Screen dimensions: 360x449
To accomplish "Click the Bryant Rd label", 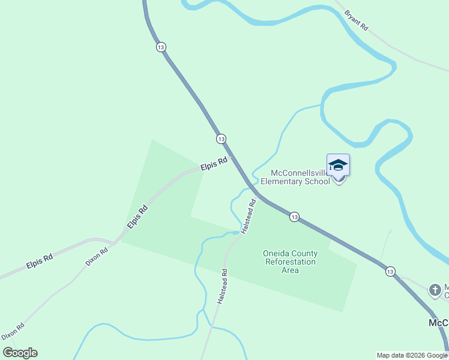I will click(357, 20).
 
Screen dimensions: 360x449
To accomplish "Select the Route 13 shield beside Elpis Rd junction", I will click(221, 139).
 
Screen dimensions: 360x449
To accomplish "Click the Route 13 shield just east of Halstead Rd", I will click(294, 217).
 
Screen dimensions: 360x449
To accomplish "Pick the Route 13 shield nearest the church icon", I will click(390, 271).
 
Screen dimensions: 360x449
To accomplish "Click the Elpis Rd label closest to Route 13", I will click(214, 163).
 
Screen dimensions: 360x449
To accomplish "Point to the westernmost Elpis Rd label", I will click(40, 260).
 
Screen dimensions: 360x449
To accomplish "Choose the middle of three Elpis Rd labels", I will click(137, 217).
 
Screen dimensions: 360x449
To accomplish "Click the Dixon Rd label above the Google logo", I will click(13, 331).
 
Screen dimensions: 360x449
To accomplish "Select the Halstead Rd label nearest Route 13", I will click(249, 216).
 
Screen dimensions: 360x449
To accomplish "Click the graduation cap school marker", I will click(338, 166).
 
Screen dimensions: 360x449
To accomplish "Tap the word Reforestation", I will click(290, 262).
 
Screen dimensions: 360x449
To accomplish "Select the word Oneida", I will click(276, 253).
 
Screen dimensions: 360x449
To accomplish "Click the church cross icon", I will click(435, 290).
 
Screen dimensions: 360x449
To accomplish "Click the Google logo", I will click(20, 353).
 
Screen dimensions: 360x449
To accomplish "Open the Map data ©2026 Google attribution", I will click(412, 355).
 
